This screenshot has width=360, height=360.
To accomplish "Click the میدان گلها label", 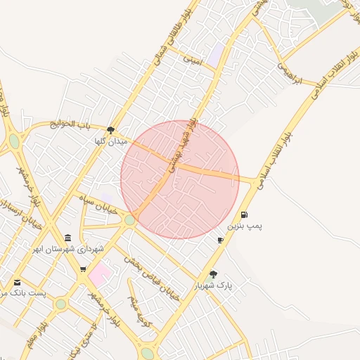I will click(x=111, y=141).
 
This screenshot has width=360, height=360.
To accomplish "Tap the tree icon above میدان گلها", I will click(x=111, y=129).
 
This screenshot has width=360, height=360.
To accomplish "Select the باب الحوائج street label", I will click(x=71, y=124).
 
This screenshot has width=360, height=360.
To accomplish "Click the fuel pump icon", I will click(x=244, y=214).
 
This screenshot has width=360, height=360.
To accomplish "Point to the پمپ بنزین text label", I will click(x=244, y=227).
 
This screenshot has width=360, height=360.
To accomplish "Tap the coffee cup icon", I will click(x=221, y=240).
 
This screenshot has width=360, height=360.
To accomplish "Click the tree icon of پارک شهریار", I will click(x=213, y=274).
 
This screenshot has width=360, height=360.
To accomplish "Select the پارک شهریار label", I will click(x=213, y=286).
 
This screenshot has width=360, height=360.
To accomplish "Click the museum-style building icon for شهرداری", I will click(x=67, y=238).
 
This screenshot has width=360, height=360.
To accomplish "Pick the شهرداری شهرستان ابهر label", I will click(x=71, y=249).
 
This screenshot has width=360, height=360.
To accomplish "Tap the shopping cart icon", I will click(x=84, y=269).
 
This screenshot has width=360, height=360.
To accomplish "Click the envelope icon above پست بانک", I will click(x=17, y=282).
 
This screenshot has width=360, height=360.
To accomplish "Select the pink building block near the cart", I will click(x=99, y=273).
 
